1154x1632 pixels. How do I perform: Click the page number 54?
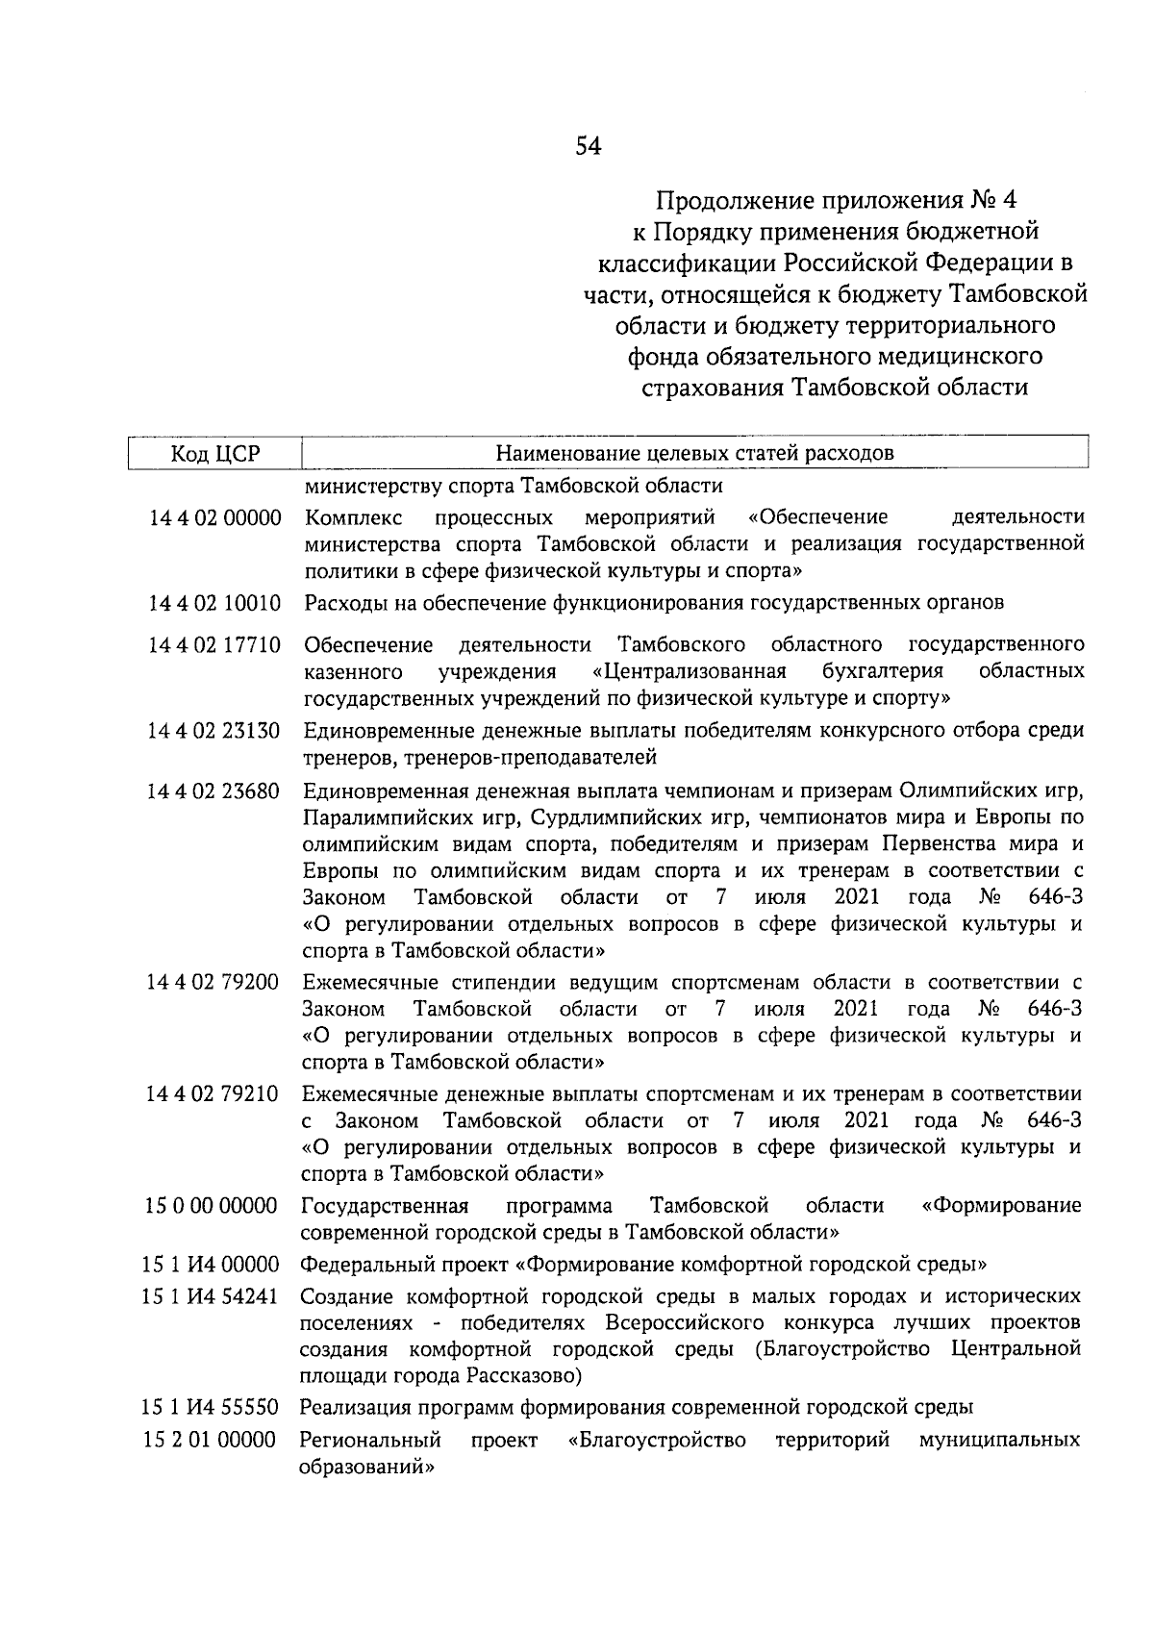coord(588,146)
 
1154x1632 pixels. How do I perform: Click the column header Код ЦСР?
coord(215,453)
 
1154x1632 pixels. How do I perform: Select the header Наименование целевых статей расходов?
coord(694,453)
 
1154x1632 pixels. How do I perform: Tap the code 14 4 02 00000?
coord(213,518)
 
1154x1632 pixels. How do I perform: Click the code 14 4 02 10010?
coord(213,603)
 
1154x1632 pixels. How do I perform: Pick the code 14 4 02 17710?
coord(213,643)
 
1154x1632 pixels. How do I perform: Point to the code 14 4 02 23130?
coord(213,731)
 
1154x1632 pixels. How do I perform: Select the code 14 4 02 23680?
coord(213,791)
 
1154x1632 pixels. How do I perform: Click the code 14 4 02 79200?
coord(213,982)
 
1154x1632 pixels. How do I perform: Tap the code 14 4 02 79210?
coord(213,1093)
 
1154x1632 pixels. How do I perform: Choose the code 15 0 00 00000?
coord(212,1206)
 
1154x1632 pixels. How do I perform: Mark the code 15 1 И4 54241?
coord(212,1296)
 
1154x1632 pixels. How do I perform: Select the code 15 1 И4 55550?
coord(212,1408)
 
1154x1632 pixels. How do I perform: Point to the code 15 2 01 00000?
coord(212,1441)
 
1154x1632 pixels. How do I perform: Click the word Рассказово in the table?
coord(522,1375)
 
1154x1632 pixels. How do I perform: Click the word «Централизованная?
coord(690,670)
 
